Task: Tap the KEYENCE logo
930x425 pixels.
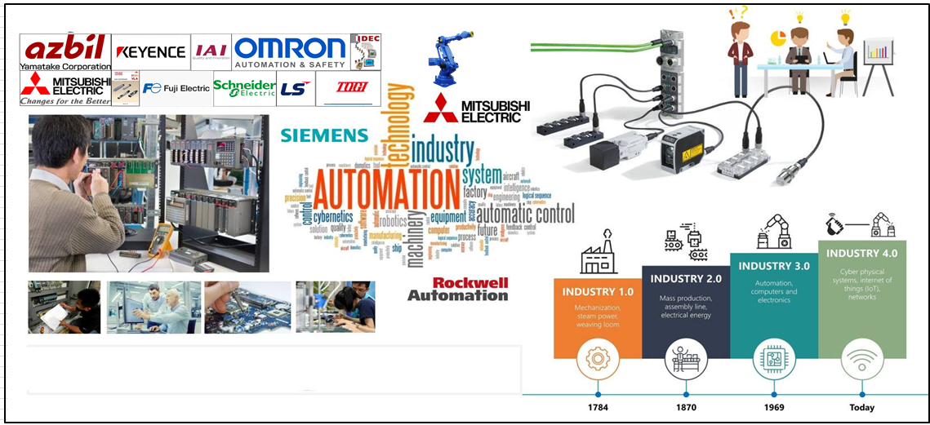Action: click(151, 52)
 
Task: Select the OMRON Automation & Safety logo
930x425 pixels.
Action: click(290, 51)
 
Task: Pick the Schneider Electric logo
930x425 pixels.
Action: click(244, 88)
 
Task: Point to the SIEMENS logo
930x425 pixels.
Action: click(324, 135)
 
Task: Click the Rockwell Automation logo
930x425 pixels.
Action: click(458, 289)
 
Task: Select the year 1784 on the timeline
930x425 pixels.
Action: click(598, 407)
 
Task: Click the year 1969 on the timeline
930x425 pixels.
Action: click(774, 407)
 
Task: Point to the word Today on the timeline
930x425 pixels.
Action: click(861, 407)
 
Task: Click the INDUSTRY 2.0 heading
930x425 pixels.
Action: click(686, 279)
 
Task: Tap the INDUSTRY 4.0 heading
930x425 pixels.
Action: click(862, 254)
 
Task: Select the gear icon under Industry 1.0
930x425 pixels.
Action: click(598, 361)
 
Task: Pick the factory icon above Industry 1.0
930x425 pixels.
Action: click(598, 257)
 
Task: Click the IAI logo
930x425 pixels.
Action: click(211, 51)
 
